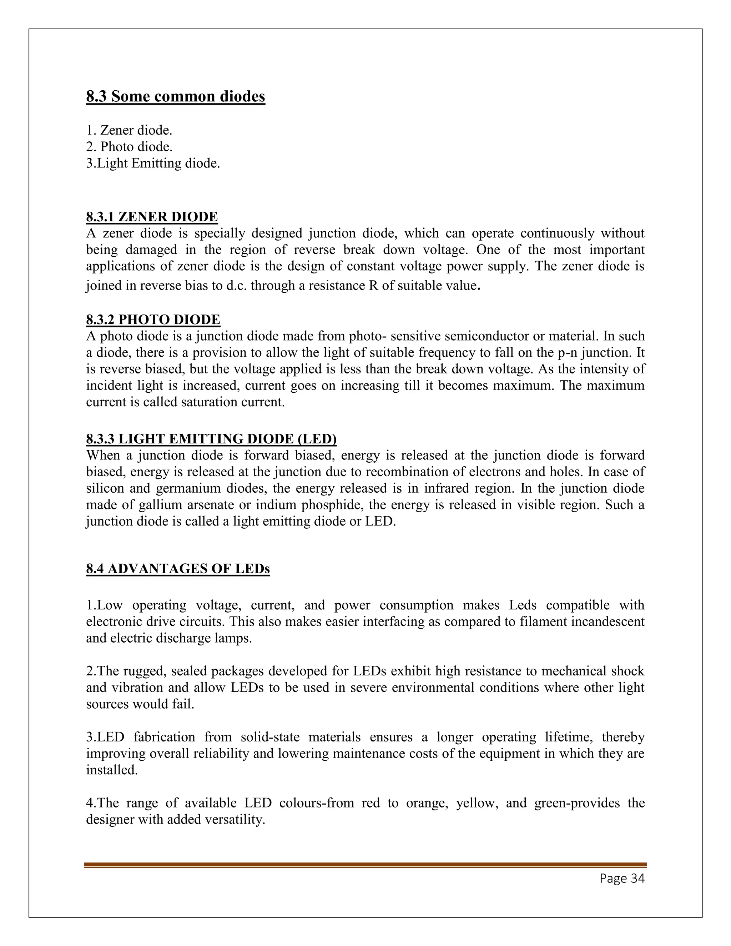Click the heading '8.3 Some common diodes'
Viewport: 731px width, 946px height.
pos(175,96)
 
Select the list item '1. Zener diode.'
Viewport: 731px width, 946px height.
pos(129,130)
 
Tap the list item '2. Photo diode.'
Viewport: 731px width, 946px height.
pos(129,146)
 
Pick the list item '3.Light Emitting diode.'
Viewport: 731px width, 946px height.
pos(153,163)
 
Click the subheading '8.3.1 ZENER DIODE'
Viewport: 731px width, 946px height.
pos(152,217)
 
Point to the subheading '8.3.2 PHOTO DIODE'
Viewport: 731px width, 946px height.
pos(153,319)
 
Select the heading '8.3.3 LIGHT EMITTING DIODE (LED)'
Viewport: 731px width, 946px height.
pos(211,439)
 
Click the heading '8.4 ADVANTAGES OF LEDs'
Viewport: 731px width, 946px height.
pos(177,568)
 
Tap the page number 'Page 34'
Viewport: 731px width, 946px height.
pos(622,878)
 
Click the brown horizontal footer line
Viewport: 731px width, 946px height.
pos(365,865)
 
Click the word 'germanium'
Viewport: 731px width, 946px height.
pos(188,489)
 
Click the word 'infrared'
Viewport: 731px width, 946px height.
pos(447,489)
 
